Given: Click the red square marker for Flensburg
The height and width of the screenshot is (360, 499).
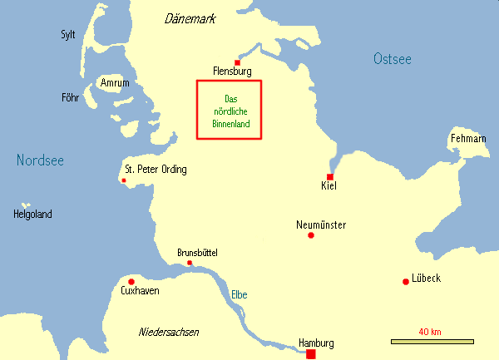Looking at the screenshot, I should [237, 62].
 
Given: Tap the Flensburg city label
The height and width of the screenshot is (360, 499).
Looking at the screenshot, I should [232, 72].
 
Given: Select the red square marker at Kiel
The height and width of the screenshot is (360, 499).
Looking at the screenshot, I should [330, 177].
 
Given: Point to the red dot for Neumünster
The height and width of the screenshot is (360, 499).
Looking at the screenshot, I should [311, 235].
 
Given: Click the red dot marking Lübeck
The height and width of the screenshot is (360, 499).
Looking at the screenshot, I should [405, 281].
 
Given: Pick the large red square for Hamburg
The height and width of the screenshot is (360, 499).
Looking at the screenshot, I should [311, 354].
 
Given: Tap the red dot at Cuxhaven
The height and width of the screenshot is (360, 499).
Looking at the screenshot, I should [131, 282].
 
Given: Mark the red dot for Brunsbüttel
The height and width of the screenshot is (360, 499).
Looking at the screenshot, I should [190, 263].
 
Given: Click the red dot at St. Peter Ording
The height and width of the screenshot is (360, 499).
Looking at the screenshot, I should [124, 180].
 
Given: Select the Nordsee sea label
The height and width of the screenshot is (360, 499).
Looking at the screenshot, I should [40, 160].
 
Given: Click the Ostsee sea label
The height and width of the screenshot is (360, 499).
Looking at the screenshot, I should [392, 58].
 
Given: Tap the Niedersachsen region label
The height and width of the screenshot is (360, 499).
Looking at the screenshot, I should [169, 332].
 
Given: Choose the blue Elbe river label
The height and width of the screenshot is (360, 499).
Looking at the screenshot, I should [240, 294].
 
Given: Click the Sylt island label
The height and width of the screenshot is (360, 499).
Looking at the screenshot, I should [68, 35].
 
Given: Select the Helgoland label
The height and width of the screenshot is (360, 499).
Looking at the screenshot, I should [32, 215].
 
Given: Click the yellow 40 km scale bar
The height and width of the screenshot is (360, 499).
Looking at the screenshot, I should [432, 341].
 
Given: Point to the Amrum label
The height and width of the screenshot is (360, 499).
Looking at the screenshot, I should [114, 84].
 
